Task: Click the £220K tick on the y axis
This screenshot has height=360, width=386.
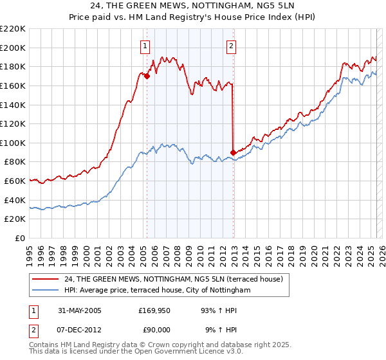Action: pyautogui.click(x=13, y=29)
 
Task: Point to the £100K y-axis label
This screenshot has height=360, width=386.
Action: pyautogui.click(x=13, y=143)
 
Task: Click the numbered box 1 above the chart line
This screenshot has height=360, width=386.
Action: pyautogui.click(x=146, y=46)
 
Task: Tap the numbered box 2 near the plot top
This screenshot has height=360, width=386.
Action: pyautogui.click(x=231, y=46)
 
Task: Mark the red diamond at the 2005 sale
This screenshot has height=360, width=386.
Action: pyautogui.click(x=147, y=76)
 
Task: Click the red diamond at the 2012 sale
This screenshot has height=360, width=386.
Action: pyautogui.click(x=232, y=152)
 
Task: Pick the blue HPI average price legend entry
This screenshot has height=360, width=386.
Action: pyautogui.click(x=157, y=291)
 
